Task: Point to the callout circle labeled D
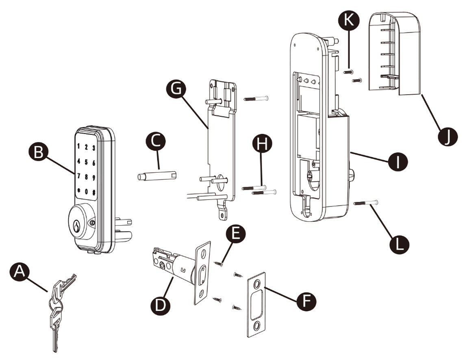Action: click(160, 304)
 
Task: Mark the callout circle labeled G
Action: click(177, 89)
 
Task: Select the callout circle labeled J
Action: click(447, 137)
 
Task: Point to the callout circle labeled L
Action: click(400, 244)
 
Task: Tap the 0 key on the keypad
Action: click(86, 191)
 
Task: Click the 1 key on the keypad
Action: click(78, 146)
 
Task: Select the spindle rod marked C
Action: click(157, 175)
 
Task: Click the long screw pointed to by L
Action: click(366, 203)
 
